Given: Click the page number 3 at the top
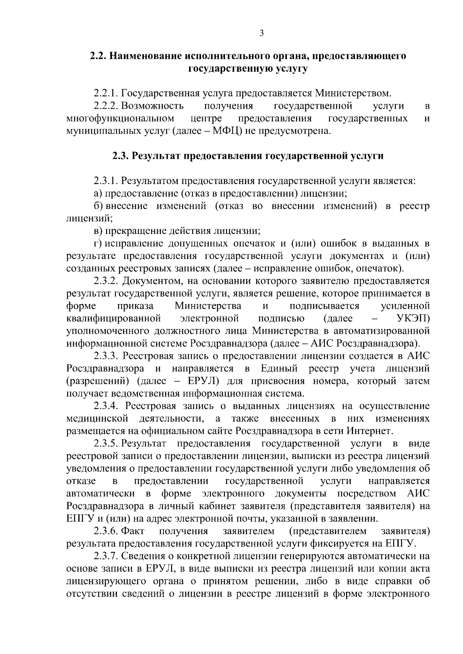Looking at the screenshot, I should (x=261, y=34).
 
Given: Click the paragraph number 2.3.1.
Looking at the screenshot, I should (x=106, y=181).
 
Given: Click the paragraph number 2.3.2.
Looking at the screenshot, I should (x=106, y=281).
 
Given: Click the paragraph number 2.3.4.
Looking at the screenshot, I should (x=106, y=406).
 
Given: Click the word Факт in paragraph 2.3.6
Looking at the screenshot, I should (x=133, y=531).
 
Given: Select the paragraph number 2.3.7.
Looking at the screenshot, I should (x=106, y=556).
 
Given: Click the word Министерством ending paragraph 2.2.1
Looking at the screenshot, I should (x=353, y=94).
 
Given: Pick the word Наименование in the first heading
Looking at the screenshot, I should (x=145, y=56).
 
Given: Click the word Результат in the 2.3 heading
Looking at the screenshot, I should (x=154, y=156).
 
